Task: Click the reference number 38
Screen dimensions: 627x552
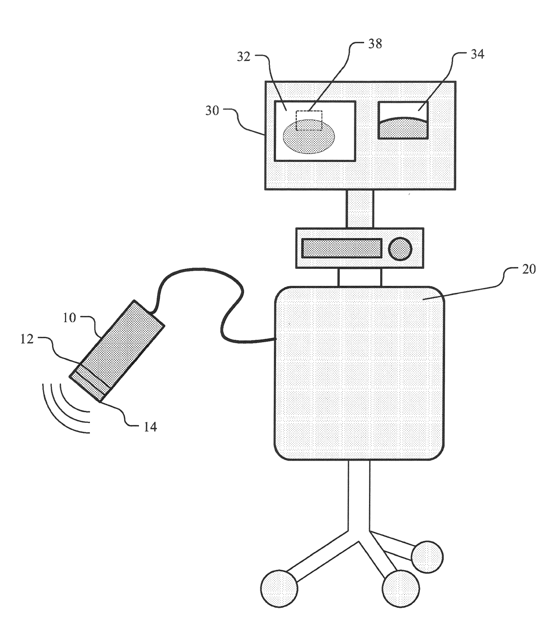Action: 375,44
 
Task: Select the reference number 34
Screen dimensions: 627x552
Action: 478,55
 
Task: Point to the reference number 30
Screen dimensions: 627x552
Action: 212,110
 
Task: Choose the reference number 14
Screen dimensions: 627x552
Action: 150,427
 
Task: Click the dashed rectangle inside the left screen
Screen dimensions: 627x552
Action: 309,120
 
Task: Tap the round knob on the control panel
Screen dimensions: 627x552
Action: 399,248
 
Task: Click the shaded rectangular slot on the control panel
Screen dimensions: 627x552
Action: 341,248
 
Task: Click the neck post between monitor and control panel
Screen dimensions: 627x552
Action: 360,209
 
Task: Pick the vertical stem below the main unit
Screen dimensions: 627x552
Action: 359,494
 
